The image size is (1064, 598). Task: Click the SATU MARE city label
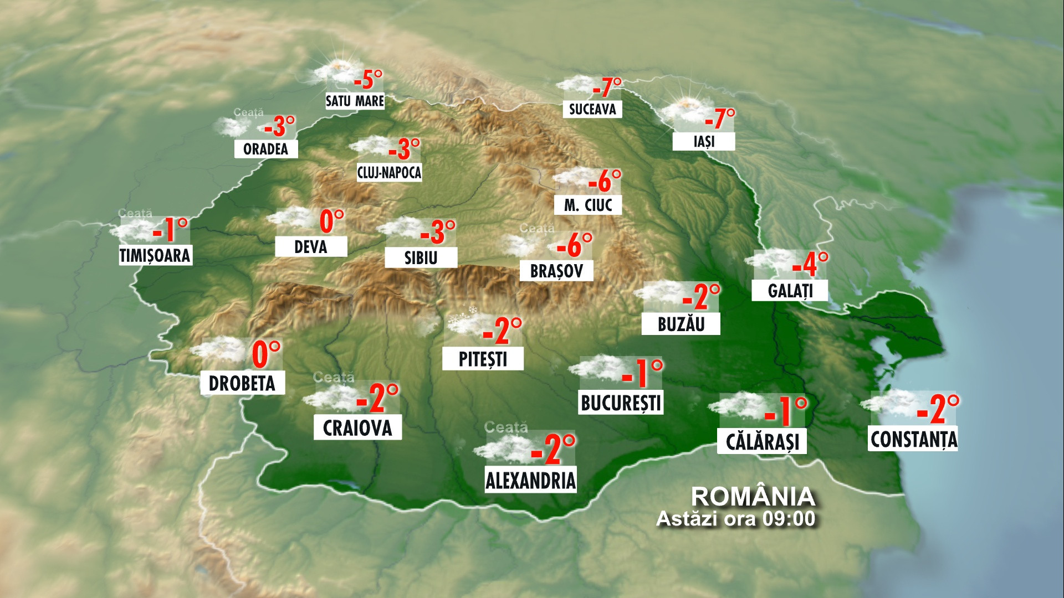(355, 101)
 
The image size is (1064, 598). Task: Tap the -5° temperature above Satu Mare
(368, 80)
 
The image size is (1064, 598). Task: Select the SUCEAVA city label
(592, 109)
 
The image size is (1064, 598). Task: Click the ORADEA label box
(265, 149)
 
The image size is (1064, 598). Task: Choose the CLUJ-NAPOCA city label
(389, 172)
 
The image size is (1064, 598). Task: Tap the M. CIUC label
(588, 205)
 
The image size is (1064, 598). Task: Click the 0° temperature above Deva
(331, 221)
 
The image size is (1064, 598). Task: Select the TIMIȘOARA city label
(155, 255)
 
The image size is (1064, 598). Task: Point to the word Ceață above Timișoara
(135, 213)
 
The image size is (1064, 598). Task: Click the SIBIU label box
(421, 257)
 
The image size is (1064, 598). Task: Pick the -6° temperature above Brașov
(574, 245)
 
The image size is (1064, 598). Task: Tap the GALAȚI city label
(790, 291)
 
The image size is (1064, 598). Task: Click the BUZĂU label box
(681, 324)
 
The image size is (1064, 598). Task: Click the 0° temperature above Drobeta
(266, 355)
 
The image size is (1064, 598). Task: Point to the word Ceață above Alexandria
(505, 427)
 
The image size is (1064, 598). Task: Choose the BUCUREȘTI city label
(621, 403)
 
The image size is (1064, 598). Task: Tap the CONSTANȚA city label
(913, 440)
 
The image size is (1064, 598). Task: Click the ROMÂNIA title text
(753, 497)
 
